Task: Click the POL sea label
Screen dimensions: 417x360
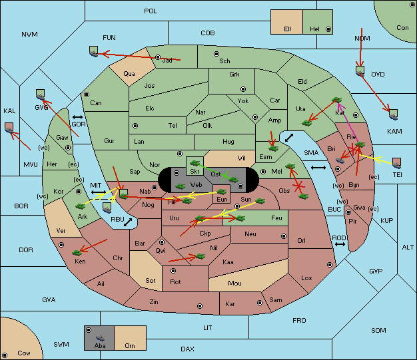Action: tap(151, 11)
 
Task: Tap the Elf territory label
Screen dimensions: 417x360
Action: tap(288, 29)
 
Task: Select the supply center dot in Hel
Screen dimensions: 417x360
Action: tap(328, 29)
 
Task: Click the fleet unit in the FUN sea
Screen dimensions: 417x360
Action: tap(94, 51)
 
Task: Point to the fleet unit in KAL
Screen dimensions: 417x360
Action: tap(9, 128)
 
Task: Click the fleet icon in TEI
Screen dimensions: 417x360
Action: tap(397, 163)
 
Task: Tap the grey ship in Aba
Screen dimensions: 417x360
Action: tap(101, 337)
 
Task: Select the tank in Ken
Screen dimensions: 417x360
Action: tap(77, 252)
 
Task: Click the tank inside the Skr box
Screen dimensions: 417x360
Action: tap(195, 162)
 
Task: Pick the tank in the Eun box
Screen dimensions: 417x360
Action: tap(222, 191)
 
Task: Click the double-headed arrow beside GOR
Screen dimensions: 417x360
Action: tap(77, 117)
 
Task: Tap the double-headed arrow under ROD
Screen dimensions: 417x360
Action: tap(340, 244)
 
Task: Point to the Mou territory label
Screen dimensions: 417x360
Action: tap(235, 283)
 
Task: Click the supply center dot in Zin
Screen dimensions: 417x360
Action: tap(200, 306)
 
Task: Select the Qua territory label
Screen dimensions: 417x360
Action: tap(129, 74)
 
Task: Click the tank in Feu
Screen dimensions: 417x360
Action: tap(240, 218)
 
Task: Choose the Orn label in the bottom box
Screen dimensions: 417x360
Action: tap(130, 345)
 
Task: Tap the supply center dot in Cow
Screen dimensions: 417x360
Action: tap(5, 355)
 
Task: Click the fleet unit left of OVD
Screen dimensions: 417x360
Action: tap(360, 71)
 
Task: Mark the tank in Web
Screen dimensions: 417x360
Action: tap(181, 186)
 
